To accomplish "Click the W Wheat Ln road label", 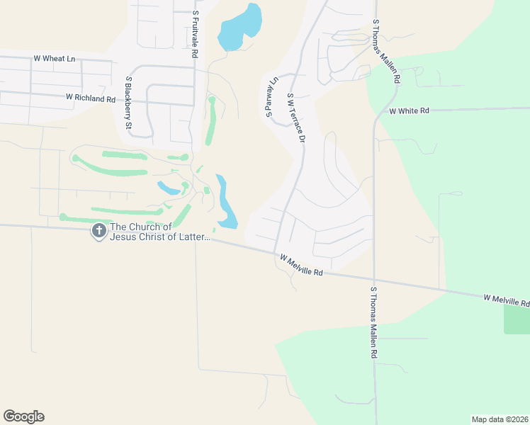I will point(54,59).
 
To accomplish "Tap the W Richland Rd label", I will point(90,98).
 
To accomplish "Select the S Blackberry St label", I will point(129,104).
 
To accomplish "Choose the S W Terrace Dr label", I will point(296,118).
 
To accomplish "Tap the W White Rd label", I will point(410,111).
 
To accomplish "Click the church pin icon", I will point(98,231).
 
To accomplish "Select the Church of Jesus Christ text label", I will point(160,232).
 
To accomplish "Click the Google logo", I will point(23,416).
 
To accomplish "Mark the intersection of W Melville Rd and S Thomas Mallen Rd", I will point(373,276).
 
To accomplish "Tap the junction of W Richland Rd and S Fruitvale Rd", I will point(195,106).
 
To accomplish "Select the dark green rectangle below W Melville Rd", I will point(517,319).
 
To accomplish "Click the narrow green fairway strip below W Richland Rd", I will point(210,120).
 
